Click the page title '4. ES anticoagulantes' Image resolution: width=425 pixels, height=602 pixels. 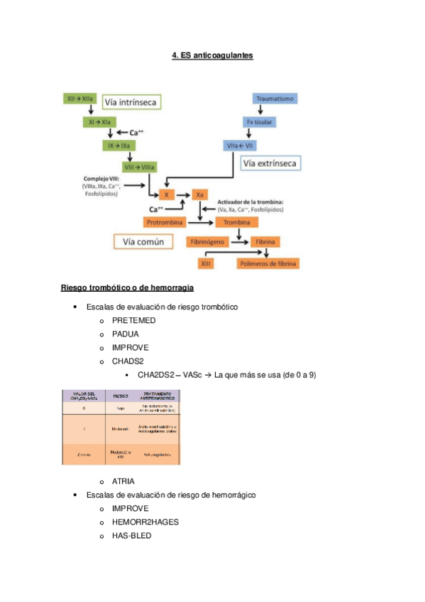pyautogui.click(x=212, y=55)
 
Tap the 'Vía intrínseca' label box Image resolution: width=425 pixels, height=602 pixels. pyautogui.click(x=132, y=102)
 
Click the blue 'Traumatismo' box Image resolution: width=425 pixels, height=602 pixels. pyautogui.click(x=276, y=99)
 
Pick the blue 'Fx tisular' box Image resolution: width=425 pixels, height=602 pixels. pyautogui.click(x=260, y=122)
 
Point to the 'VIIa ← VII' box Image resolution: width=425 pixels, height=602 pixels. pyautogui.click(x=240, y=145)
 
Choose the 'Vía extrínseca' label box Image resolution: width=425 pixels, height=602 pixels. pyautogui.click(x=270, y=165)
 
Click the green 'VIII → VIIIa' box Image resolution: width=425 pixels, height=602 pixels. pyautogui.click(x=140, y=168)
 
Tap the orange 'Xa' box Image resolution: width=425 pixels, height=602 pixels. pyautogui.click(x=201, y=194)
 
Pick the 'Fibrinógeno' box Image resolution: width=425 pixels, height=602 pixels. pyautogui.click(x=207, y=242)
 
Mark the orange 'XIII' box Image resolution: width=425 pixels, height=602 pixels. pyautogui.click(x=206, y=264)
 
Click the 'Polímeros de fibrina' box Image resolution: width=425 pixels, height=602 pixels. pyautogui.click(x=268, y=264)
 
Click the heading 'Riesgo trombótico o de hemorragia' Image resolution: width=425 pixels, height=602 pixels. pyautogui.click(x=128, y=288)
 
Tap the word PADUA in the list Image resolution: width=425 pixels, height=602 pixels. pyautogui.click(x=126, y=334)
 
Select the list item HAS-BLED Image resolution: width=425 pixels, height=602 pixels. pyautogui.click(x=131, y=536)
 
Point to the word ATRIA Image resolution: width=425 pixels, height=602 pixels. pyautogui.click(x=123, y=481)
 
